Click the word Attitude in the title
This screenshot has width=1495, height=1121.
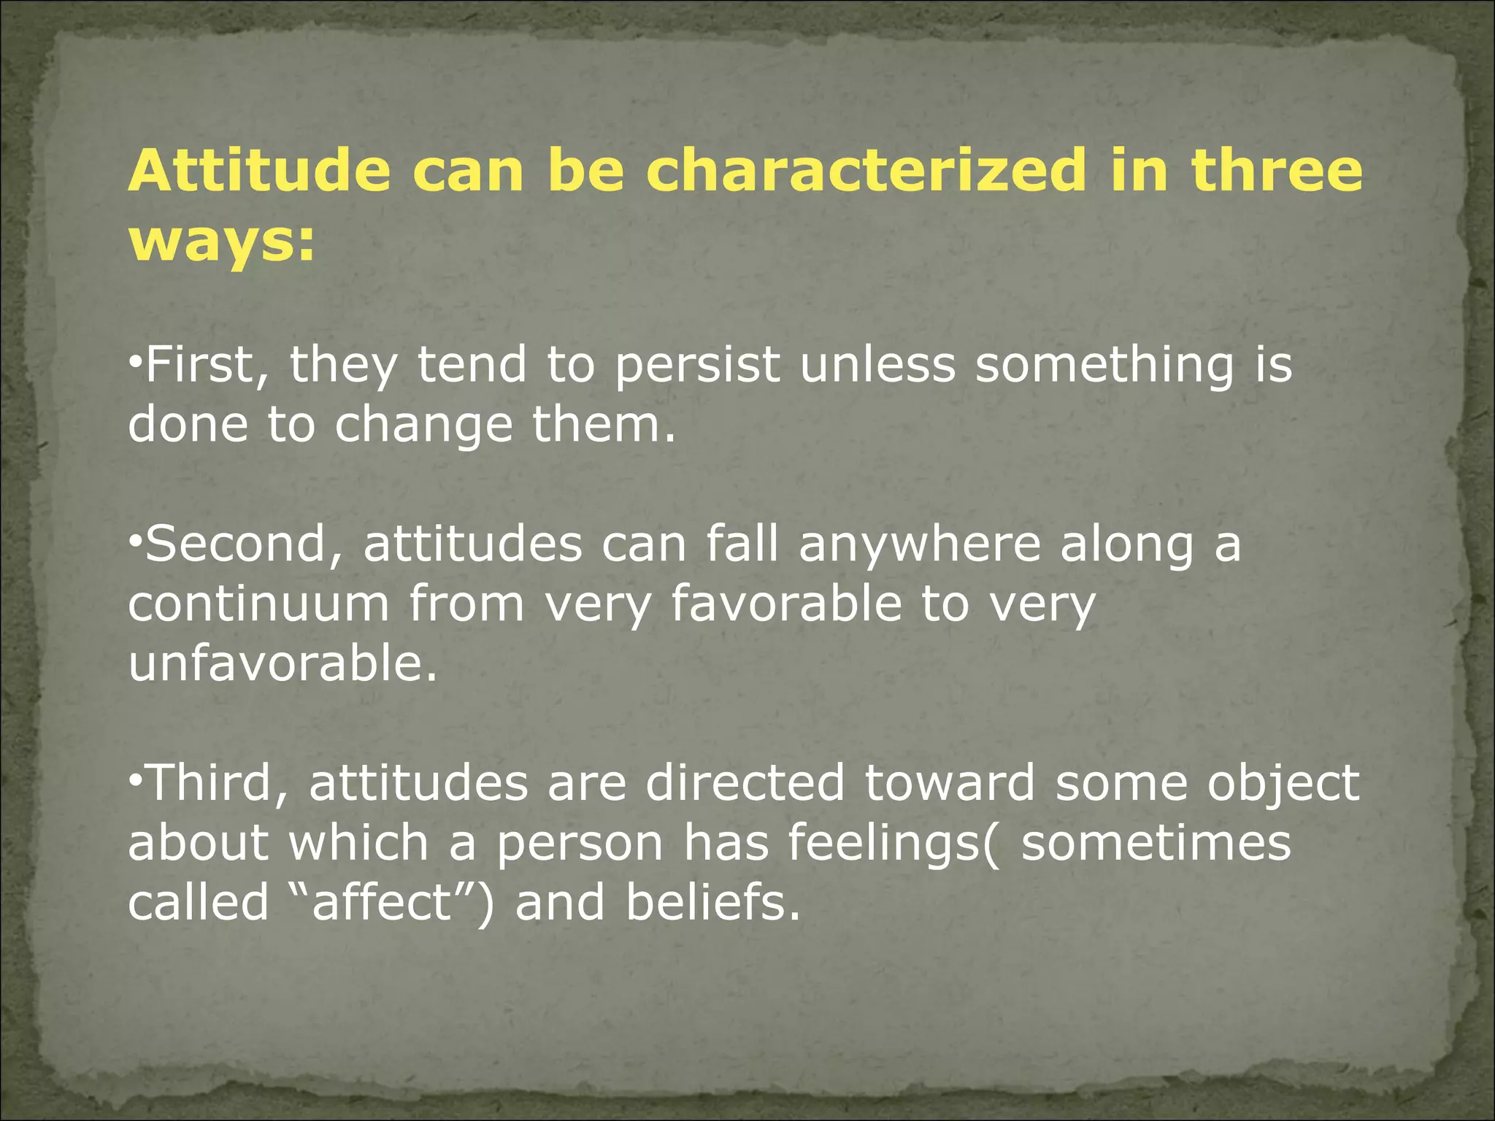[259, 170]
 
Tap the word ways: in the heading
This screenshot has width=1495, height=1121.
[222, 243]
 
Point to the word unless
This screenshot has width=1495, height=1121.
[877, 364]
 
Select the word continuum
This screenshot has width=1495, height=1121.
[258, 604]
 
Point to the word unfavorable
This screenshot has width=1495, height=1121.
[282, 664]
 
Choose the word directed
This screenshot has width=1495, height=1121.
[745, 783]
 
